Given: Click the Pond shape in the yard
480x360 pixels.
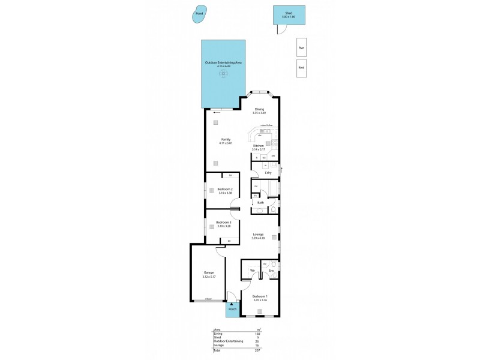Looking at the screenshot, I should click(x=199, y=14).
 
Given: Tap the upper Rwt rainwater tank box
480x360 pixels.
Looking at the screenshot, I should click(x=301, y=47).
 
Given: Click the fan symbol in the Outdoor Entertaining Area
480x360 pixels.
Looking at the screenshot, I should click(x=224, y=74).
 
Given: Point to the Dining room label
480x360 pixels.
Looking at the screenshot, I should click(x=259, y=109).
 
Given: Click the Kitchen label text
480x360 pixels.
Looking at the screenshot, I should click(x=258, y=146).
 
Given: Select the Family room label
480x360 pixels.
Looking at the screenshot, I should click(x=226, y=139).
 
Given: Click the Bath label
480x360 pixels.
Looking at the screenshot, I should click(x=260, y=202).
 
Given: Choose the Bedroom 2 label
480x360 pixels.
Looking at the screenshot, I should click(x=225, y=189).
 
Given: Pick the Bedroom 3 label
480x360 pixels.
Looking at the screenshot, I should click(x=224, y=222).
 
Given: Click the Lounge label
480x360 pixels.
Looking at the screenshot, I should click(x=259, y=235).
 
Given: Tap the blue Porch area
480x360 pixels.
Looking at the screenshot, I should click(x=232, y=310).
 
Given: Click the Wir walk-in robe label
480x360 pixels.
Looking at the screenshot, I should click(x=253, y=271).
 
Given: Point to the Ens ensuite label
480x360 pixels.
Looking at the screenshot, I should click(x=271, y=271).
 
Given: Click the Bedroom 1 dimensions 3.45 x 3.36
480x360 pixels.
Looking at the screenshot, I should click(x=260, y=300).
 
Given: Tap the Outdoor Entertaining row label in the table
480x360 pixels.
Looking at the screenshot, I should click(x=227, y=341).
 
